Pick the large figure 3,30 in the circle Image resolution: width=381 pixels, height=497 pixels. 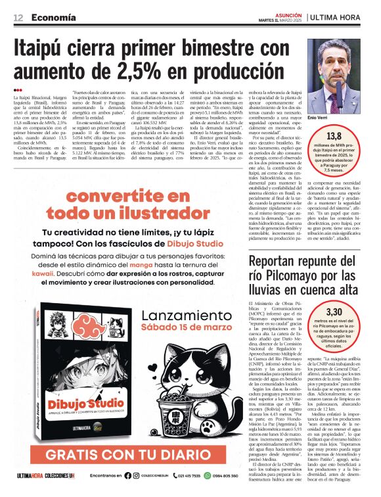click(x=334, y=311)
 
